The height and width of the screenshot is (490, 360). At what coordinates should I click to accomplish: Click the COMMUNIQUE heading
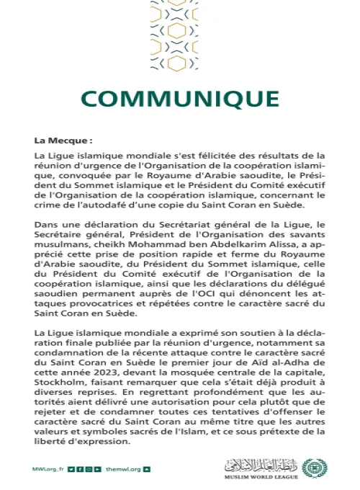click(179, 98)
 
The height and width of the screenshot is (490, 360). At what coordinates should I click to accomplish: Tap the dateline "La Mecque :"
click(64, 141)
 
